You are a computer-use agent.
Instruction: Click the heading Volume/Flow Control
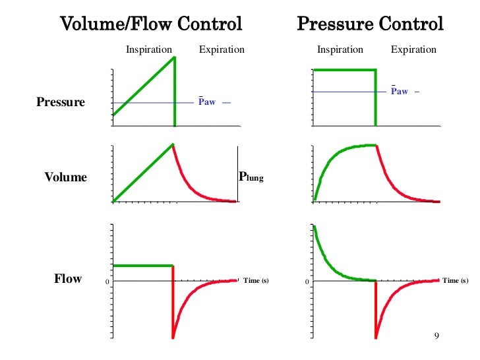[152, 25]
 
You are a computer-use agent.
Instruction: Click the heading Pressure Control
[371, 25]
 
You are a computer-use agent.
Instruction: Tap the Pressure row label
[61, 102]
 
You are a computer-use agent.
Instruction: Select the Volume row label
[65, 177]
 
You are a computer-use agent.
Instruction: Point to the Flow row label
[68, 279]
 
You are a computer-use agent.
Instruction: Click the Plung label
[251, 177]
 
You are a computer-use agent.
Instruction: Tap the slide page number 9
[436, 336]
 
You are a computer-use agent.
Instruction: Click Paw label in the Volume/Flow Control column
[207, 102]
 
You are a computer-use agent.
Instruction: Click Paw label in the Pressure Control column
[400, 92]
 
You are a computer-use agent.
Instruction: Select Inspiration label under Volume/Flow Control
[149, 49]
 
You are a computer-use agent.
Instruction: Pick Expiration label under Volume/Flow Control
[222, 49]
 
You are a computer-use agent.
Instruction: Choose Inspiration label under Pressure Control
[340, 49]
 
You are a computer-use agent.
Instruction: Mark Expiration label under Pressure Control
[413, 49]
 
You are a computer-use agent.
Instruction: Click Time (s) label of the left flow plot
[256, 281]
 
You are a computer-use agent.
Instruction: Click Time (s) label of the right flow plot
[455, 281]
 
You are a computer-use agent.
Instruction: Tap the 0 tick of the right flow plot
[307, 282]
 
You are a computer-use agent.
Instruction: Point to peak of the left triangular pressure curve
[174, 57]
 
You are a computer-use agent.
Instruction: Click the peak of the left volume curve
[173, 144]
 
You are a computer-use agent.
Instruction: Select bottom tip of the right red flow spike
[376, 337]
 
